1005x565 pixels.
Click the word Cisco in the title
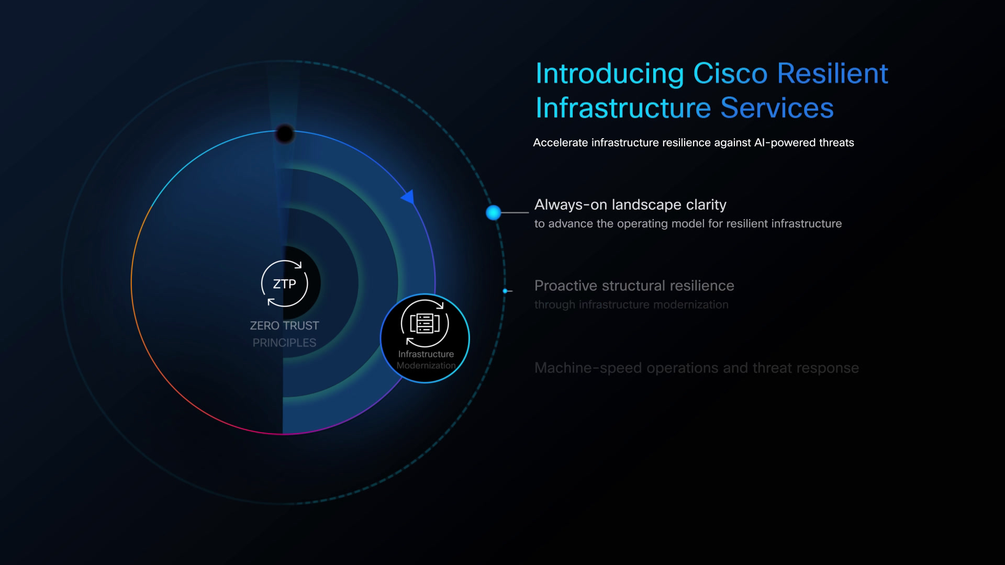coord(730,74)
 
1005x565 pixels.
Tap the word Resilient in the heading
coord(833,74)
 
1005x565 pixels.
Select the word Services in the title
coord(777,108)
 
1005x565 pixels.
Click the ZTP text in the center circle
coord(284,284)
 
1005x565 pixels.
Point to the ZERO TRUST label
coord(284,325)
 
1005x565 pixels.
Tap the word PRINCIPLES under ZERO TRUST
coord(284,343)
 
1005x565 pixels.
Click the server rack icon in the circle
coord(425,323)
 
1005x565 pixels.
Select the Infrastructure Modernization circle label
coord(426,359)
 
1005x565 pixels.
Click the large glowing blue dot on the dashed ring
coord(493,212)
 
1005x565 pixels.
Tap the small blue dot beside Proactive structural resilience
coord(505,291)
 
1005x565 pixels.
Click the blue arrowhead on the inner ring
coord(408,197)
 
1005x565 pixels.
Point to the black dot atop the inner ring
coord(285,134)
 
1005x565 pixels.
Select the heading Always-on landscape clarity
coord(630,205)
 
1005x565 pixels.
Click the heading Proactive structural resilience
coord(634,286)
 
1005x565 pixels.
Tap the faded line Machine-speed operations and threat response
coord(697,368)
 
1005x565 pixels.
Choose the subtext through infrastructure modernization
coord(631,304)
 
